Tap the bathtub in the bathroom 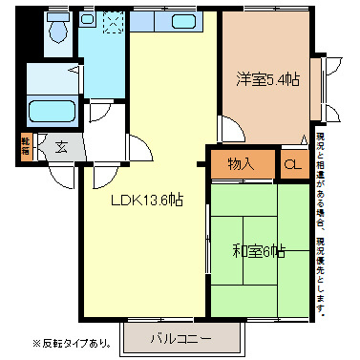tap(48, 112)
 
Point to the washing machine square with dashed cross tap(112, 20)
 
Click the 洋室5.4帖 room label tap(267, 79)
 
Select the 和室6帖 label tap(259, 251)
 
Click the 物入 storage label tap(241, 163)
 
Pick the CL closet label tap(292, 163)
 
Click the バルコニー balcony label tap(180, 337)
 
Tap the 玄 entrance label tap(60, 147)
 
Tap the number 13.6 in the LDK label tap(159, 201)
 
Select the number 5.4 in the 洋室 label tap(278, 79)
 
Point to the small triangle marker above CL tap(305, 140)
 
